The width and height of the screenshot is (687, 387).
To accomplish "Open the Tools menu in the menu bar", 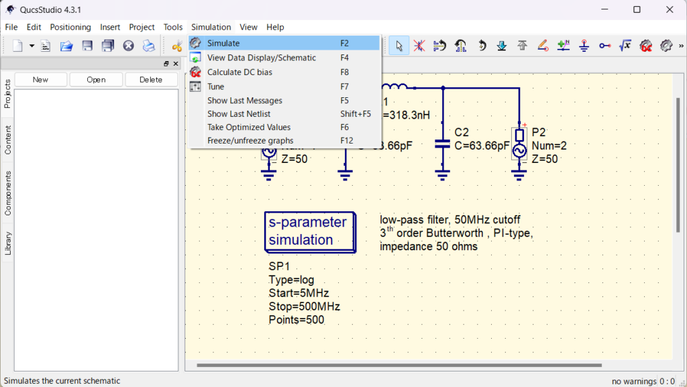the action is (x=173, y=27).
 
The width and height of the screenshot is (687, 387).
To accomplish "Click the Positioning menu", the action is (x=70, y=27).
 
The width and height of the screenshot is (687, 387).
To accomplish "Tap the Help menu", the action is (x=275, y=27).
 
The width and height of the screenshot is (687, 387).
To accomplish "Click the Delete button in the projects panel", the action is (x=151, y=80).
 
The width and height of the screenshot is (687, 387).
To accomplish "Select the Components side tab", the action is (x=7, y=193).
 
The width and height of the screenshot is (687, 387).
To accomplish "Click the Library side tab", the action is (x=7, y=243).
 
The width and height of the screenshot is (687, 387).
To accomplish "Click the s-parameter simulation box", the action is (x=310, y=232).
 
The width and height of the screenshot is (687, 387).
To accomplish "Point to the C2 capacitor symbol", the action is (x=443, y=144).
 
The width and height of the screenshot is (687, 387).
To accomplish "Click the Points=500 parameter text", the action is (x=297, y=320).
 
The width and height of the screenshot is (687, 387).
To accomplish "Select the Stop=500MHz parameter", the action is (x=305, y=307).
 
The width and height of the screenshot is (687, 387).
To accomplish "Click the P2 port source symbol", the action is (x=519, y=144).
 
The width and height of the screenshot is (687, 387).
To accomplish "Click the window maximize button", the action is (x=637, y=9).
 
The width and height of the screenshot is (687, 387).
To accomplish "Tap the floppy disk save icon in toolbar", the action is (x=87, y=46).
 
